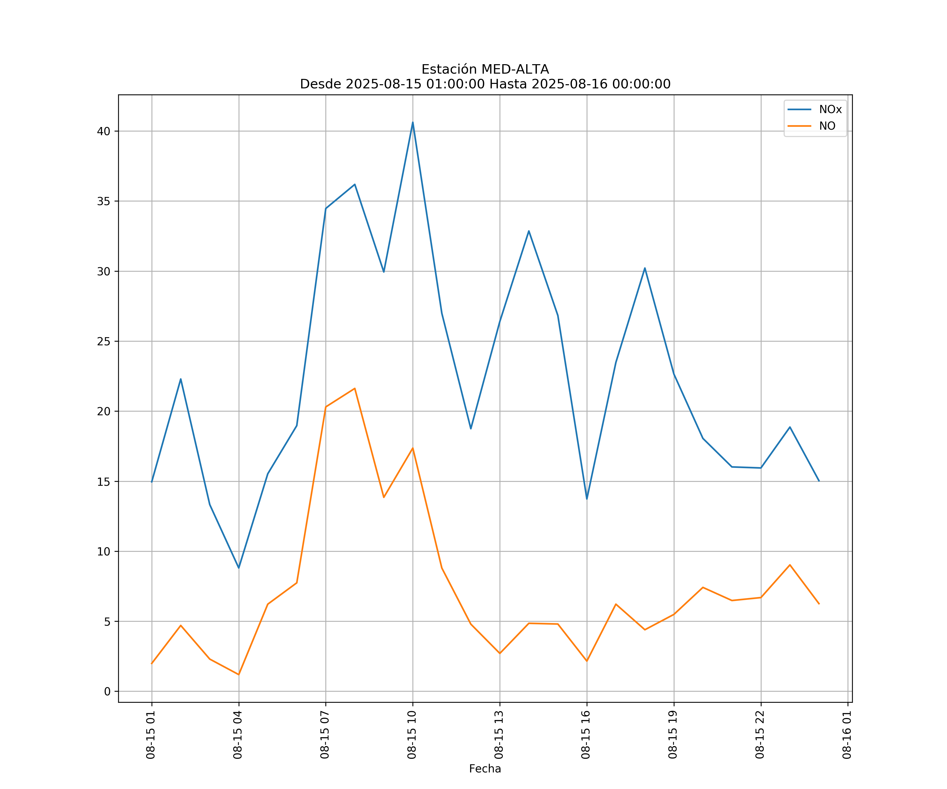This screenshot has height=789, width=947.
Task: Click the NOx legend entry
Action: [x=830, y=110]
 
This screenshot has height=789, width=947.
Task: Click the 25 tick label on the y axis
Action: [x=104, y=341]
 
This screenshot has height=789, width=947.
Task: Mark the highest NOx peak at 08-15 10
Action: [x=413, y=122]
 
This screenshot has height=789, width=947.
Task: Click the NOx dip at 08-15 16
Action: [x=587, y=499]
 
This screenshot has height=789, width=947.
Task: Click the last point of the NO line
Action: [x=819, y=604]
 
